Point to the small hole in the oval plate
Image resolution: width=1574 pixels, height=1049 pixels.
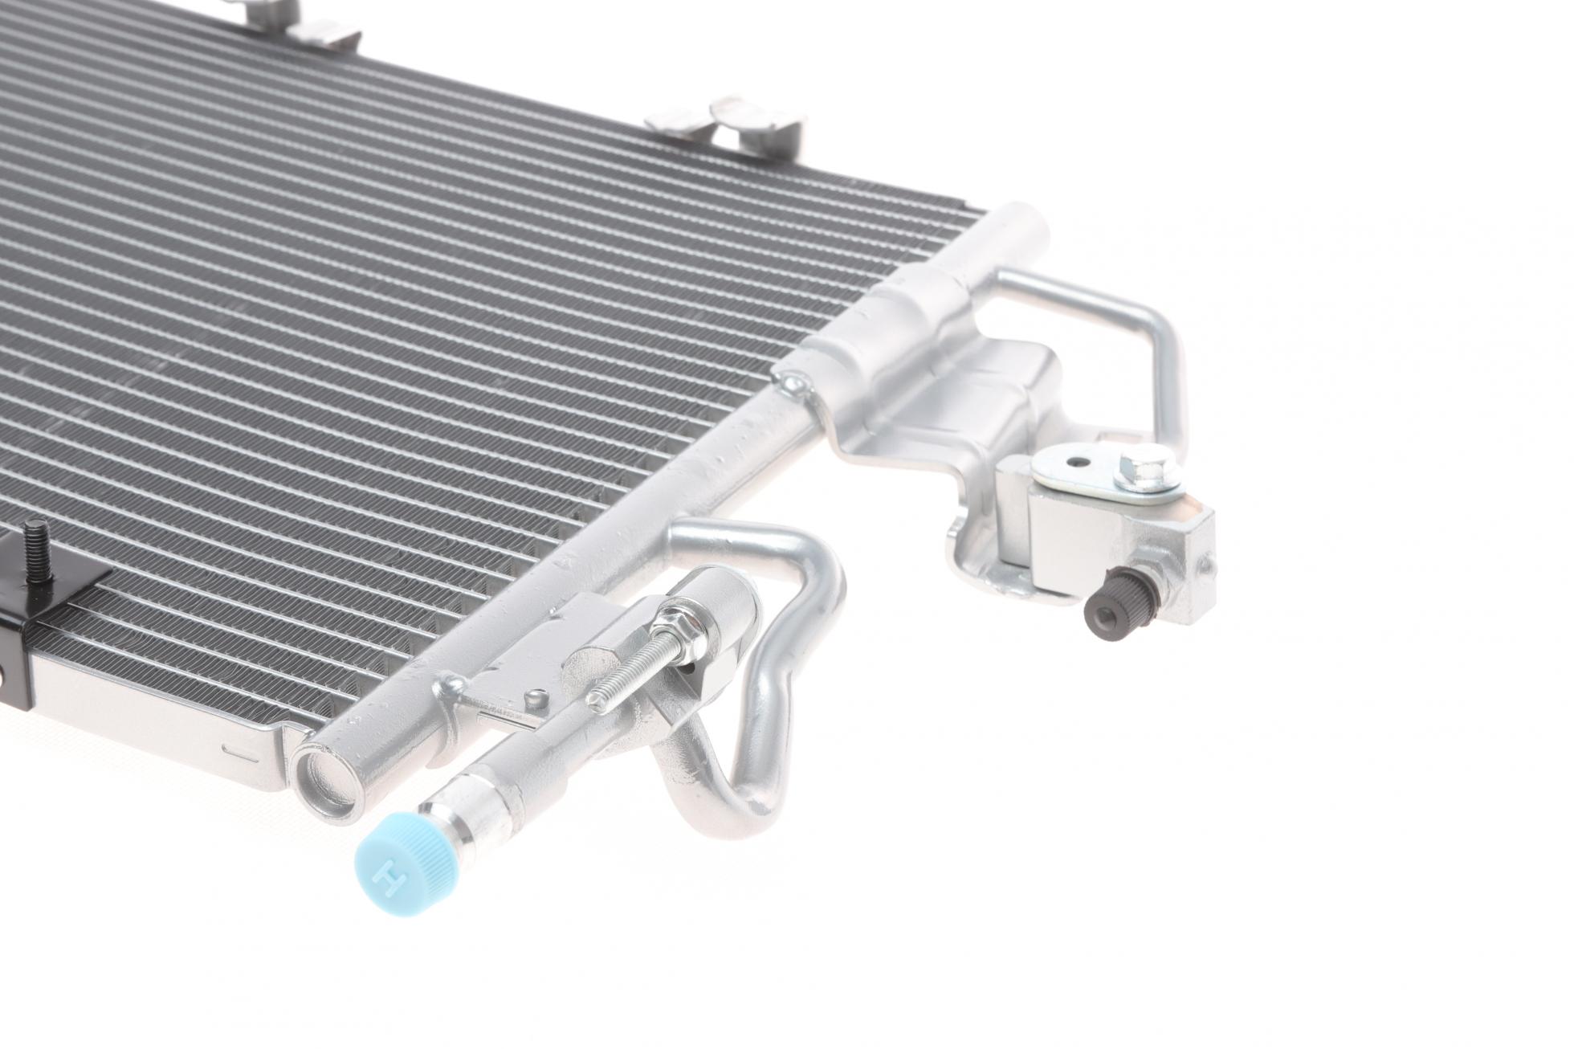pos(1074,463)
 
